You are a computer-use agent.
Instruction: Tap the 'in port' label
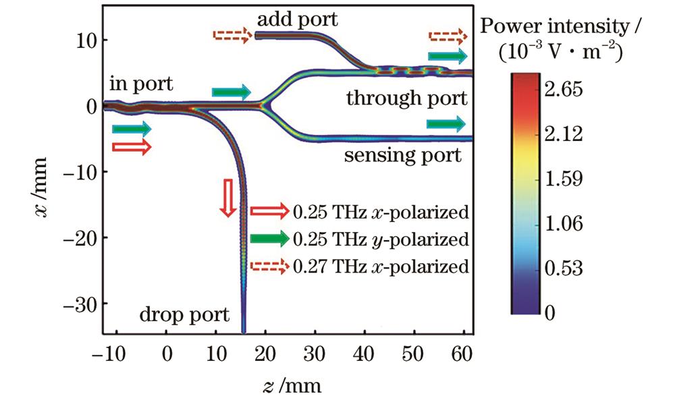(140, 85)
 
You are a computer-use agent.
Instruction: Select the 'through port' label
(406, 98)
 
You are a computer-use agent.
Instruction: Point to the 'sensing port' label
(403, 157)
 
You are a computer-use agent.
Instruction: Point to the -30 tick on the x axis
(80, 304)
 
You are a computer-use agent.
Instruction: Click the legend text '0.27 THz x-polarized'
(381, 266)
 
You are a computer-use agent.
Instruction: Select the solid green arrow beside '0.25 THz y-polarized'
(268, 238)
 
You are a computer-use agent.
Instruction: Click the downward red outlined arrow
(227, 196)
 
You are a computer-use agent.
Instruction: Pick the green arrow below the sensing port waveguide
(446, 123)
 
